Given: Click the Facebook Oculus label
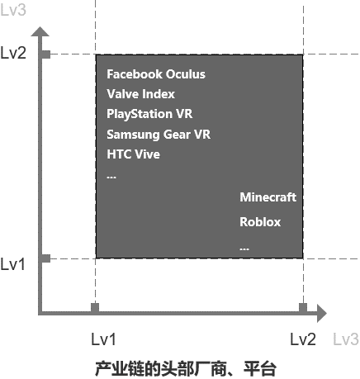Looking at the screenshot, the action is pyautogui.click(x=156, y=74).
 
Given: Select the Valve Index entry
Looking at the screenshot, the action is pyautogui.click(x=140, y=94).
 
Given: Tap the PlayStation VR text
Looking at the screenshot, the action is pyautogui.click(x=149, y=114).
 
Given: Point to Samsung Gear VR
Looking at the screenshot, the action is pyautogui.click(x=159, y=135).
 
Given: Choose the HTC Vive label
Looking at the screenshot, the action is pyautogui.click(x=133, y=154).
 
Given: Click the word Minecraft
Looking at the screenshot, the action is pyautogui.click(x=268, y=197).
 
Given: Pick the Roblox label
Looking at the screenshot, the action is pyautogui.click(x=260, y=222).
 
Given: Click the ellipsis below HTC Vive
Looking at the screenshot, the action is pyautogui.click(x=111, y=178).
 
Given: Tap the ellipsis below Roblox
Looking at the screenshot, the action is pyautogui.click(x=244, y=249).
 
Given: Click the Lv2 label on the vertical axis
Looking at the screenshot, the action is pyautogui.click(x=13, y=53).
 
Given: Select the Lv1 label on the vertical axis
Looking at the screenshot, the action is pyautogui.click(x=12, y=264).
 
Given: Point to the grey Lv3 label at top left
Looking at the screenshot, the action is pyautogui.click(x=13, y=10).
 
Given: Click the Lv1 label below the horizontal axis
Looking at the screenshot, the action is pyautogui.click(x=103, y=339).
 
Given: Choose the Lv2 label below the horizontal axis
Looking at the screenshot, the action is pyautogui.click(x=303, y=339).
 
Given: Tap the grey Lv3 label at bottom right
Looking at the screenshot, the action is pyautogui.click(x=346, y=339).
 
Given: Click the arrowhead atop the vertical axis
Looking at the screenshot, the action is pyautogui.click(x=40, y=31).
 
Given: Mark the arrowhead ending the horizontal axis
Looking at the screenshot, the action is pyautogui.click(x=322, y=313).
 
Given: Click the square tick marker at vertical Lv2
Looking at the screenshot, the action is pyautogui.click(x=46, y=54).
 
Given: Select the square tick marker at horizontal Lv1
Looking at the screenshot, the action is pyautogui.click(x=95, y=308).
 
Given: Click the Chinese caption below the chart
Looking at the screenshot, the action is pyautogui.click(x=186, y=369).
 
